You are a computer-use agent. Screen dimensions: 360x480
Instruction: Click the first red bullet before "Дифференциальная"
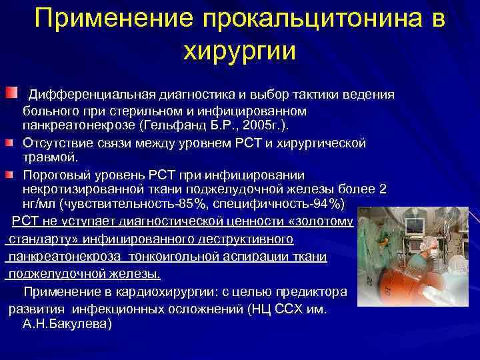[13, 93]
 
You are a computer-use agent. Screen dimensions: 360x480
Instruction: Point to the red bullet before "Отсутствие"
[13, 142]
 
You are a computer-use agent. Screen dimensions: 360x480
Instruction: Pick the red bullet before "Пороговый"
[13, 174]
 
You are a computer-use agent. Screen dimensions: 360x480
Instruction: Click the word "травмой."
[50, 157]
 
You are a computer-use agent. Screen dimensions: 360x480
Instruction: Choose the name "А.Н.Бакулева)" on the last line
[67, 324]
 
